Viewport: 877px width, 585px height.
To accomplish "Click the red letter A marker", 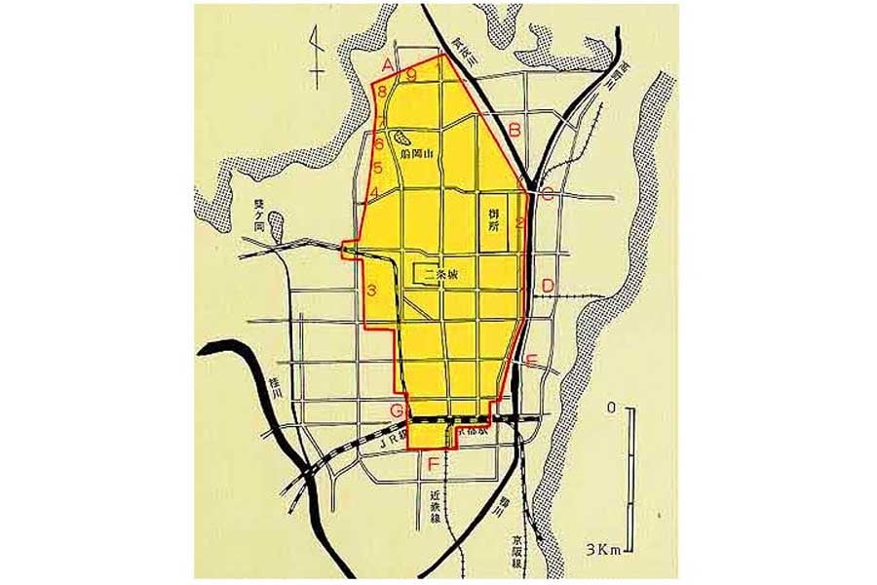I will pyautogui.click(x=388, y=65).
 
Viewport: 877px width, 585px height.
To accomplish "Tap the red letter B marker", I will pyautogui.click(x=515, y=129).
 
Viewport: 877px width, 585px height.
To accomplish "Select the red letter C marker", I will pyautogui.click(x=548, y=193).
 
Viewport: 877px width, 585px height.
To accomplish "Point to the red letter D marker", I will pyautogui.click(x=548, y=286).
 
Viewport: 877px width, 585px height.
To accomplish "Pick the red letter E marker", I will pyautogui.click(x=531, y=362).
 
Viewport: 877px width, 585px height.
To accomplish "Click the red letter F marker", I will pyautogui.click(x=432, y=463).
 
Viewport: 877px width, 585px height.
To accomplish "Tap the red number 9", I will pyautogui.click(x=412, y=74).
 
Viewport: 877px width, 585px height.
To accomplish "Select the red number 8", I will pyautogui.click(x=383, y=92).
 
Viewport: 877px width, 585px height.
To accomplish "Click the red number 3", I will pyautogui.click(x=371, y=290).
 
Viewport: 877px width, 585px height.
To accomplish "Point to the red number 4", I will pyautogui.click(x=374, y=192).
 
